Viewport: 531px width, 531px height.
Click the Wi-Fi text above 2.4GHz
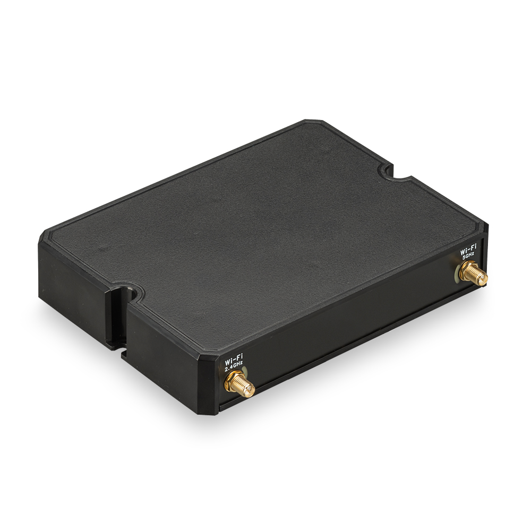234,361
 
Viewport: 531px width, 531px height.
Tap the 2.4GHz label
234,367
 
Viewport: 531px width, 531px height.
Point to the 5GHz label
468,255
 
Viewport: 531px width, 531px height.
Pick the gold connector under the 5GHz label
473,275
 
